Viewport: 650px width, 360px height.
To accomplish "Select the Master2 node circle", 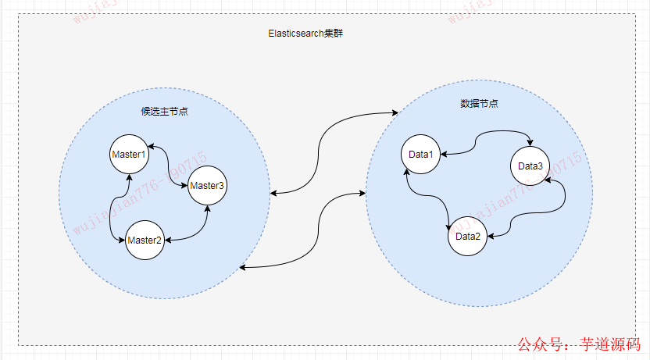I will [x=145, y=240].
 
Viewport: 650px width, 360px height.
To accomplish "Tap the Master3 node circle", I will [x=207, y=186].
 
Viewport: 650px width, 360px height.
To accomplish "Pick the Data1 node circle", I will [x=421, y=155].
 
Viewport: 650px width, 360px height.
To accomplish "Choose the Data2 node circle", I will [x=468, y=237].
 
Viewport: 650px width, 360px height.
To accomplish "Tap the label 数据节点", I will [x=480, y=104].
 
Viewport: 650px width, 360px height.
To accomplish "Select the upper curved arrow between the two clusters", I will [x=328, y=148].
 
